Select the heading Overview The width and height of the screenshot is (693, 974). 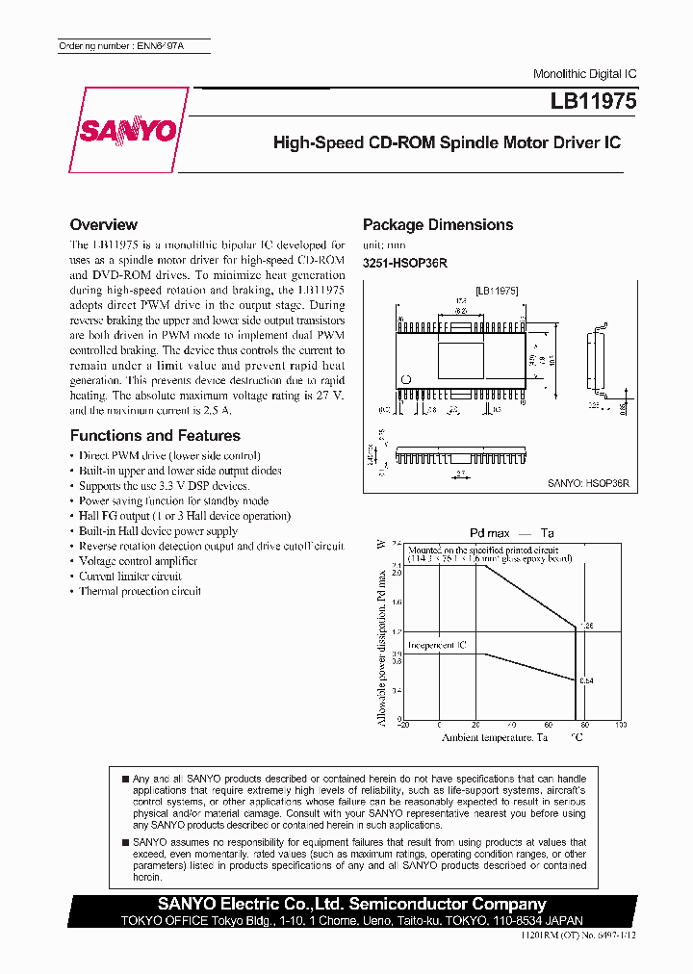[104, 224]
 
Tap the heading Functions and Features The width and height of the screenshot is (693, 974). [141, 435]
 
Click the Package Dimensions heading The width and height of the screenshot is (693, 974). [437, 224]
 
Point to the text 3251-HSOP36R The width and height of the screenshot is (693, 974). [405, 263]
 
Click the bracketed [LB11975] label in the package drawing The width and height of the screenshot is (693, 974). [498, 289]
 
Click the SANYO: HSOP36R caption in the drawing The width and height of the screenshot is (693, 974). [587, 484]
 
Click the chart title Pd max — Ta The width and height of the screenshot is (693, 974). [511, 532]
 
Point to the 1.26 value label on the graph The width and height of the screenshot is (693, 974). [586, 626]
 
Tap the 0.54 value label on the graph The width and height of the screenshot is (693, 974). [586, 680]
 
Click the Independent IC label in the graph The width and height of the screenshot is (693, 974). [436, 645]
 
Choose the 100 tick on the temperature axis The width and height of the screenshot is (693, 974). [620, 725]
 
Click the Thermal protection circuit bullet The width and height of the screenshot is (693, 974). [140, 591]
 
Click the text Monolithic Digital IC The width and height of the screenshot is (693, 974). [584, 74]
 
